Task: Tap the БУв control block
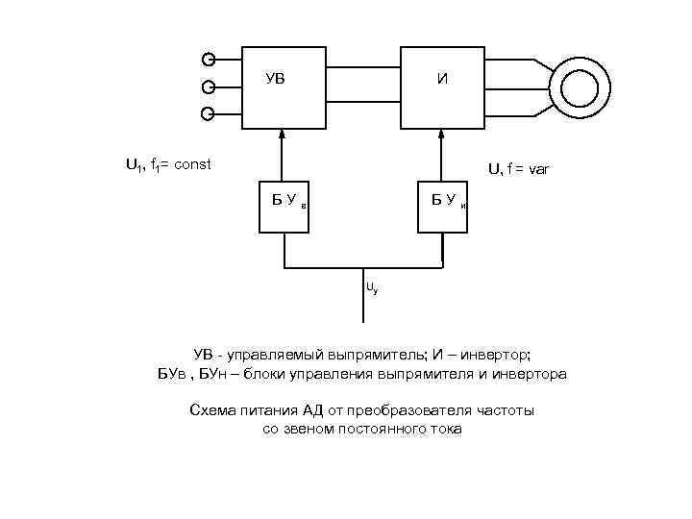(x=285, y=206)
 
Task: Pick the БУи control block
(x=442, y=206)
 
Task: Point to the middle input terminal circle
(x=208, y=86)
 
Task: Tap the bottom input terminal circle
(x=208, y=114)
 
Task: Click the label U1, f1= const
(x=168, y=164)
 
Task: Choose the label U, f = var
(x=518, y=170)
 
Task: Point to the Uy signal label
(x=371, y=287)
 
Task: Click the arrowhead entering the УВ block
(x=284, y=136)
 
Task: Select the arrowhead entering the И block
(x=441, y=136)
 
